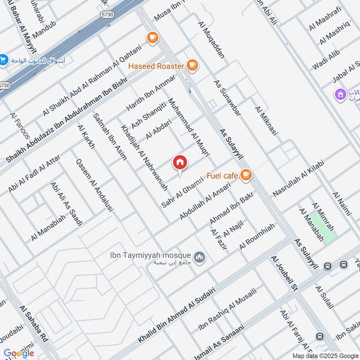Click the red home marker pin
[x=180, y=163]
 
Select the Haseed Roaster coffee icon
[x=193, y=66]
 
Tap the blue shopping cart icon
[x=4, y=59]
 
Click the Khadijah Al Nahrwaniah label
[x=144, y=157]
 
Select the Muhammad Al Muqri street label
[x=189, y=126]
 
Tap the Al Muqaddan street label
[x=211, y=41]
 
